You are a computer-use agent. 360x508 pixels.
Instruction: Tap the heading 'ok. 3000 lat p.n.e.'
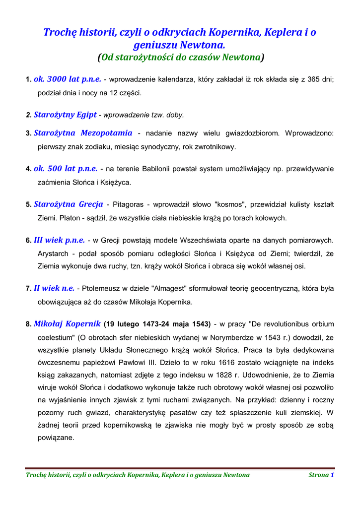click(x=68, y=79)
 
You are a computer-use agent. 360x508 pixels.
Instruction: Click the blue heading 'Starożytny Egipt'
click(x=65, y=115)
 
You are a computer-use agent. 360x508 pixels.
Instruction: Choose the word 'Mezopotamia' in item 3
click(x=107, y=133)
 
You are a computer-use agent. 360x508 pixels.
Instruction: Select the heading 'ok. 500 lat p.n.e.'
click(x=66, y=169)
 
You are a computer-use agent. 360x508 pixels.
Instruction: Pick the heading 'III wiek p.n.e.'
click(x=59, y=241)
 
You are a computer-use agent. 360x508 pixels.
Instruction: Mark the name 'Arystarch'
click(x=54, y=254)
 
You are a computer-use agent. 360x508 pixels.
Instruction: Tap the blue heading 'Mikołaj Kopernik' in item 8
click(x=67, y=324)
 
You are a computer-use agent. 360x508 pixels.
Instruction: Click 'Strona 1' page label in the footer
click(x=321, y=475)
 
